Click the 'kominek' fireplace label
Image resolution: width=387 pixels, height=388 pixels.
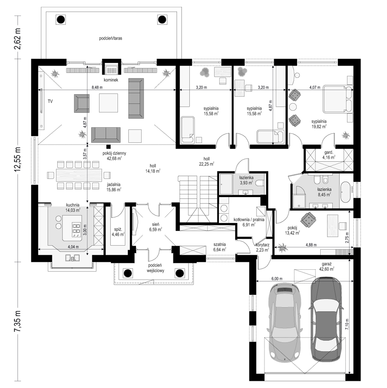pyautogui.click(x=111, y=80)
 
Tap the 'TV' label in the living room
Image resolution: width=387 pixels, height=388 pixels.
pyautogui.click(x=50, y=101)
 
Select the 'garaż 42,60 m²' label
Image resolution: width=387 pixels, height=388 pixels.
pyautogui.click(x=327, y=267)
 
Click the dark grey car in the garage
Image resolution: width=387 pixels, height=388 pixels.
pyautogui.click(x=326, y=319)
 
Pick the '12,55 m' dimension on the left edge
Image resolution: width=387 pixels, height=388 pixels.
pyautogui.click(x=18, y=160)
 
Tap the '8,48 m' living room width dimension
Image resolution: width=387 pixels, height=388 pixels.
pyautogui.click(x=97, y=87)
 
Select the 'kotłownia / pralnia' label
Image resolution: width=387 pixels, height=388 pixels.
pyautogui.click(x=249, y=219)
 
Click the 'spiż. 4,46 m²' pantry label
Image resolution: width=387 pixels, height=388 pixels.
pyautogui.click(x=118, y=232)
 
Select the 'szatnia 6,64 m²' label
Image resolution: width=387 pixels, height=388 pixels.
pyautogui.click(x=220, y=247)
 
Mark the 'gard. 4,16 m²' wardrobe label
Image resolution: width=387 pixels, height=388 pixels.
pyautogui.click(x=329, y=155)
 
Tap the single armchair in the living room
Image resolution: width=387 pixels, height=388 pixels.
pyautogui.click(x=82, y=103)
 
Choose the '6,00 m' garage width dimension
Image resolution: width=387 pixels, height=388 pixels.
pyautogui.click(x=277, y=278)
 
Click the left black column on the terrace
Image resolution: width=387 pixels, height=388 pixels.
pyautogui.click(x=60, y=19)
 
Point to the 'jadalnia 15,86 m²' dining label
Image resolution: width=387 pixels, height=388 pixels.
pyautogui.click(x=114, y=187)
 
